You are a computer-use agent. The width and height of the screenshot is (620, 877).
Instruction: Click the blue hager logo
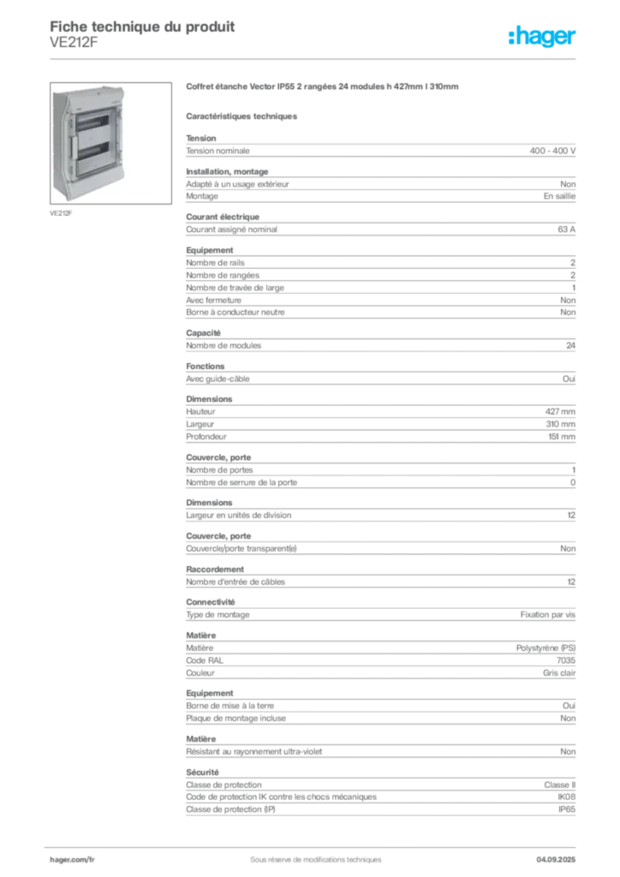tap(543, 37)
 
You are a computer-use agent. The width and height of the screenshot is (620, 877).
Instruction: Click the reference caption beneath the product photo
tap(63, 213)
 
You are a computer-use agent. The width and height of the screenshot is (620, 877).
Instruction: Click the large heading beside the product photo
tap(325, 87)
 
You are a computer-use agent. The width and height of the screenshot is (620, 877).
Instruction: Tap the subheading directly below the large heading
tap(243, 115)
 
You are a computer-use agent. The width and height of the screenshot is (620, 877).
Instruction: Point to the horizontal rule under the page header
tap(315, 58)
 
